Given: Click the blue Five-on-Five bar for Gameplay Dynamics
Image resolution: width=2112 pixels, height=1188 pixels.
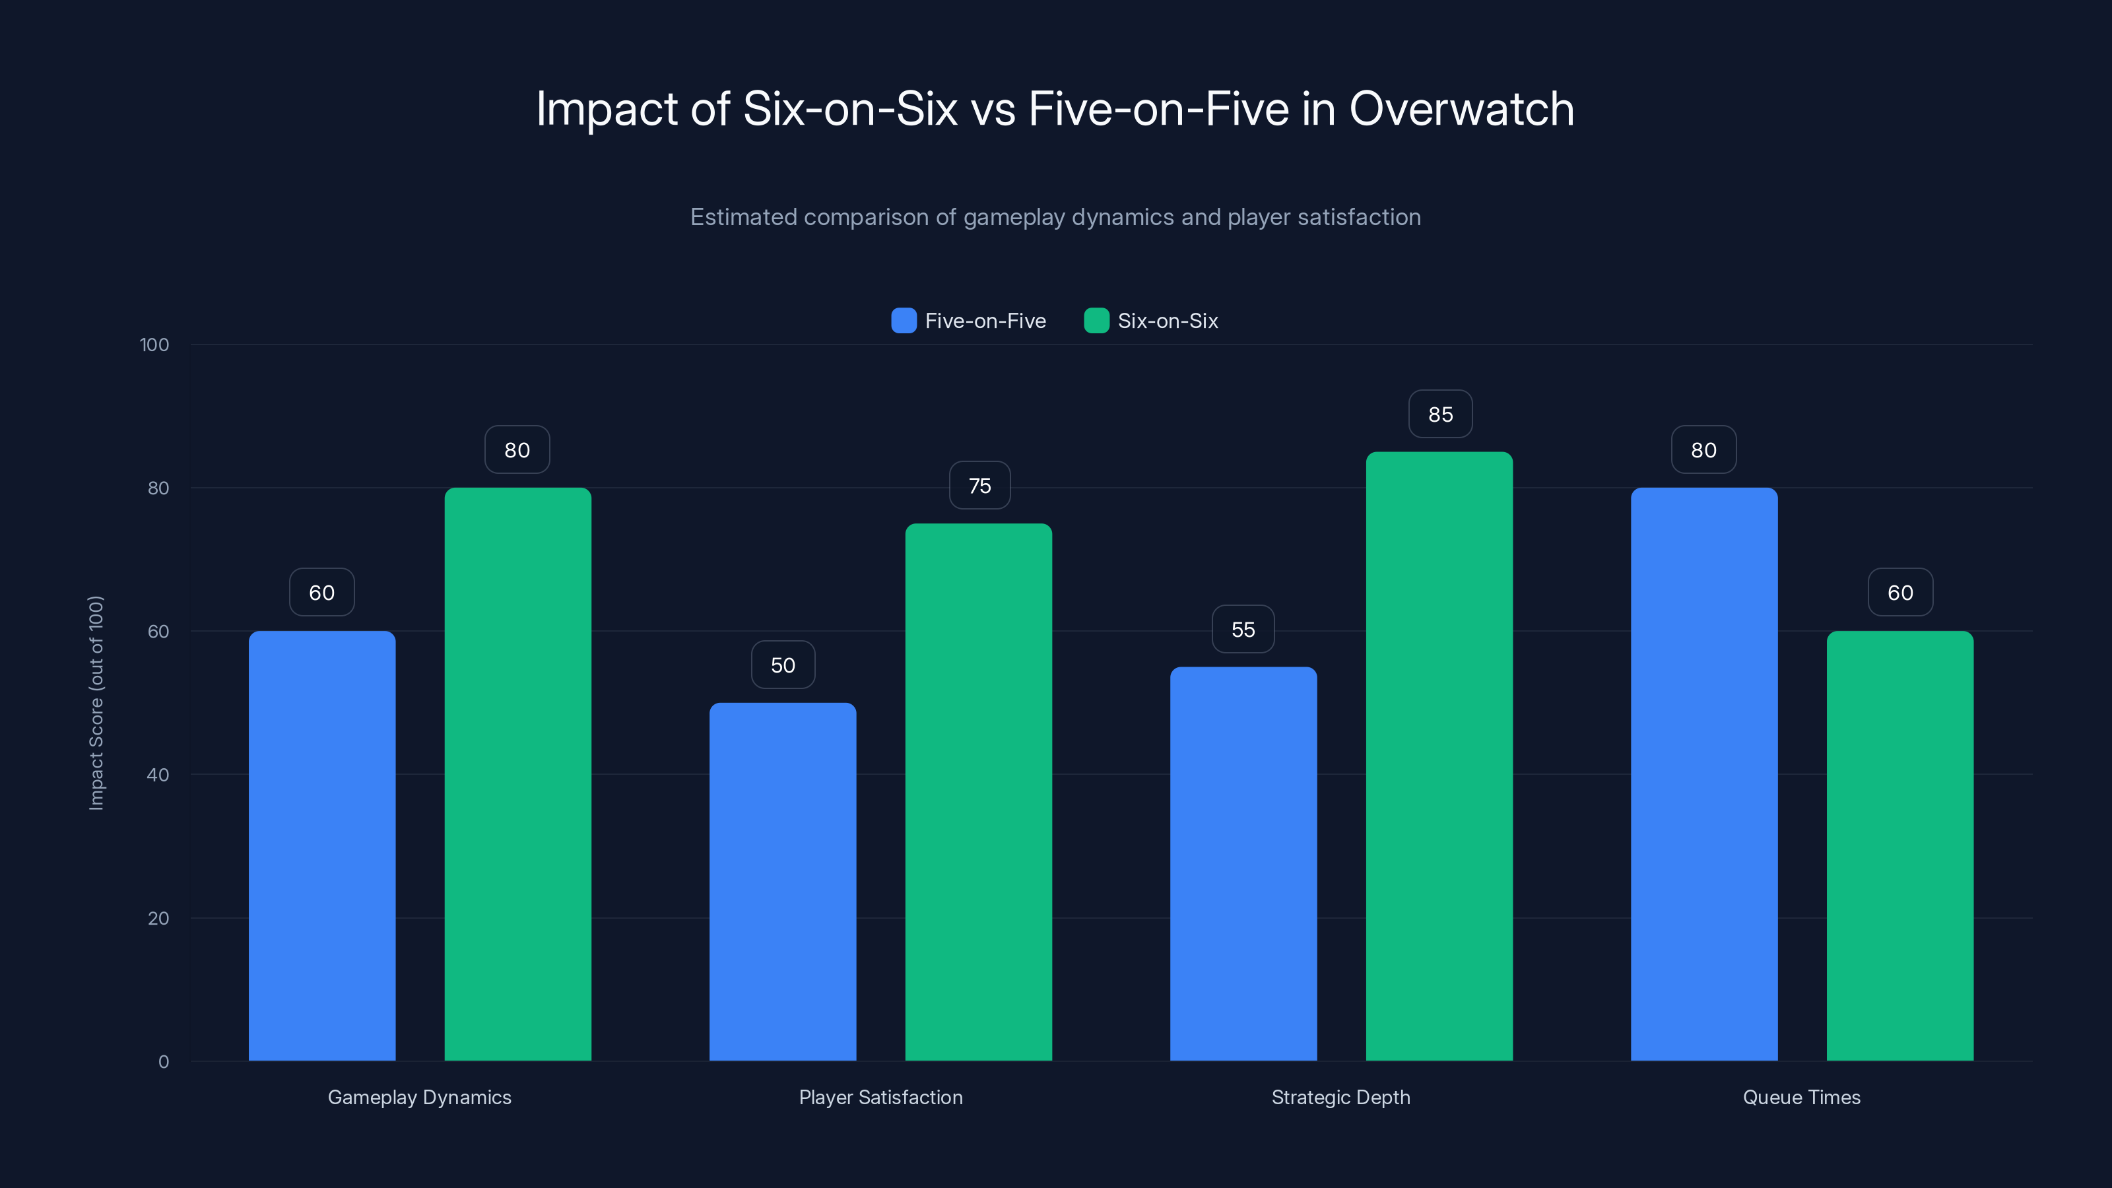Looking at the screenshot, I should click(x=321, y=845).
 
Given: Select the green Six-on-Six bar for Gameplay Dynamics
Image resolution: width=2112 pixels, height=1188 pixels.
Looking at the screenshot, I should click(x=517, y=774).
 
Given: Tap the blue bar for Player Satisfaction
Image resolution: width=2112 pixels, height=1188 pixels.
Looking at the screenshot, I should click(x=782, y=881).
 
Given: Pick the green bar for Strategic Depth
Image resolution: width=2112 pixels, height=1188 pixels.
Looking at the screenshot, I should click(x=1439, y=756).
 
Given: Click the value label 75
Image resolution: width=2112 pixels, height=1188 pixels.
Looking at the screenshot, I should click(x=979, y=485).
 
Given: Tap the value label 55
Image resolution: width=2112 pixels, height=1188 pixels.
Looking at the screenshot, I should click(x=1243, y=629).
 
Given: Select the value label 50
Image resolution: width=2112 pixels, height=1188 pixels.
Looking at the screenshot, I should click(x=782, y=665).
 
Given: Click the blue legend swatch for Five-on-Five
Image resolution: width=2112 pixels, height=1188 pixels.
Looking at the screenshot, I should click(x=904, y=321).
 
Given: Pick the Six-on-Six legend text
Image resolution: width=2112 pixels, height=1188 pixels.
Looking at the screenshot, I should click(x=1168, y=321).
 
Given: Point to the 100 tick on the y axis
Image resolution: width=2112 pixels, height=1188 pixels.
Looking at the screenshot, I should click(x=154, y=345).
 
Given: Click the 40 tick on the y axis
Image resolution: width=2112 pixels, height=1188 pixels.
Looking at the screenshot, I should click(x=158, y=775).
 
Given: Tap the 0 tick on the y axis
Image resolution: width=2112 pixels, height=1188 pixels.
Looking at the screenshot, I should click(x=163, y=1062).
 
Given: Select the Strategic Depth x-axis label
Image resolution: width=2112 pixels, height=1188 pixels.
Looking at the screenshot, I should click(x=1340, y=1097).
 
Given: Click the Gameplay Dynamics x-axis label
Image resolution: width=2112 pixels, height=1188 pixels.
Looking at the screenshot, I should click(x=419, y=1097).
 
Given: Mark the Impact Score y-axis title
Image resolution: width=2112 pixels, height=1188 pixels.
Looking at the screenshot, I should click(x=96, y=703).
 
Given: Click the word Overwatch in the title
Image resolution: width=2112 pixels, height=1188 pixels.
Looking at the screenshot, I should click(x=1461, y=108).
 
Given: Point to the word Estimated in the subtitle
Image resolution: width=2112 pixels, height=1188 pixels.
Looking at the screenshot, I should click(x=742, y=217).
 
